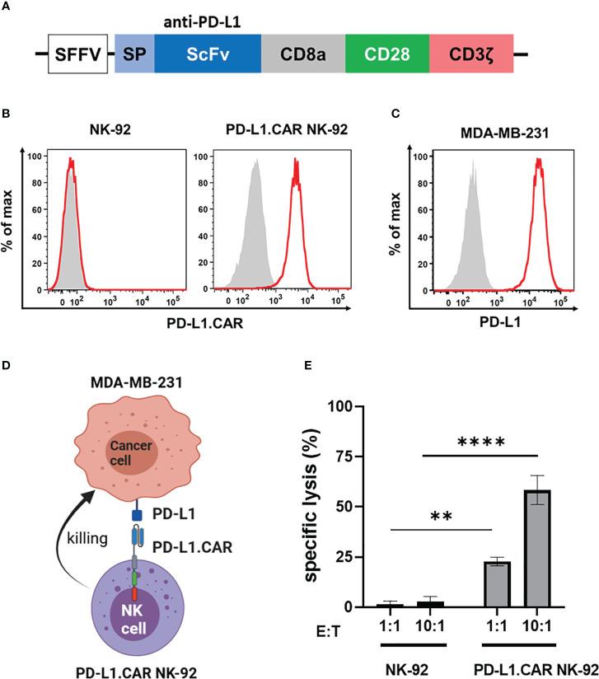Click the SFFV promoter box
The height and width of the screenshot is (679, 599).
click(x=78, y=55)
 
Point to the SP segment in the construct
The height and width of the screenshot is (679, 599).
click(x=131, y=55)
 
